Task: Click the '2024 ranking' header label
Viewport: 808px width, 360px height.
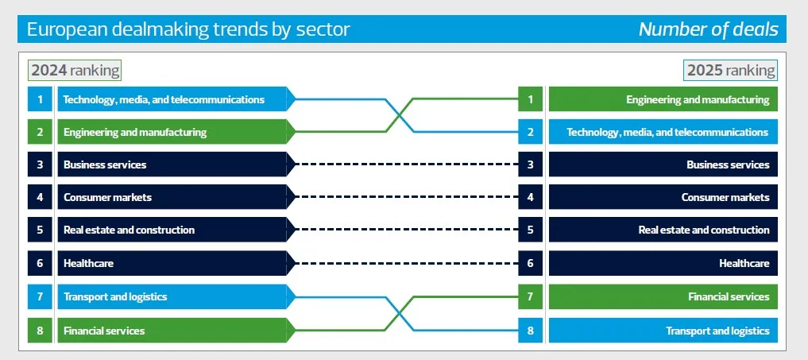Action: pos(75,70)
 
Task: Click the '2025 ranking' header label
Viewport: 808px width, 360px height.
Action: pos(730,70)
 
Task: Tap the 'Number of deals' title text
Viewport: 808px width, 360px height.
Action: pos(708,29)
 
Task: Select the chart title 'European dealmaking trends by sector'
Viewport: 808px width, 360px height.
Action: pos(188,29)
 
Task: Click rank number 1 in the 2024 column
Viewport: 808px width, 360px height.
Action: pos(40,99)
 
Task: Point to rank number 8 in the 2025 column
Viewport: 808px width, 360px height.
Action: pos(530,330)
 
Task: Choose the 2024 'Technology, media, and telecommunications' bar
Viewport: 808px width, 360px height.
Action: pos(171,99)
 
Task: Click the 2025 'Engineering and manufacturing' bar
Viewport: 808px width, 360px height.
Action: pos(663,99)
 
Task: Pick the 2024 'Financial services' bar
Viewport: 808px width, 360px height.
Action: pos(171,330)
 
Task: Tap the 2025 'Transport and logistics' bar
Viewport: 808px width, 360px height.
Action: pos(663,330)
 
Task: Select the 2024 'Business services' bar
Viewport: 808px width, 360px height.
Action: pos(171,165)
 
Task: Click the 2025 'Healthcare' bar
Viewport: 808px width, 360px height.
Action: pos(663,263)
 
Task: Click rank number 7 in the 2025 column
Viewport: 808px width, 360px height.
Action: pos(530,296)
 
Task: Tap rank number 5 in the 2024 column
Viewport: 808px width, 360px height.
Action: pos(40,230)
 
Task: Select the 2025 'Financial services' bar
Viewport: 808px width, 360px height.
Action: pos(663,296)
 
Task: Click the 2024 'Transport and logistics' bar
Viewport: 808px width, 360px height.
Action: pos(171,296)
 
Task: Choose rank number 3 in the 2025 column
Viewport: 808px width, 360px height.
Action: pos(530,165)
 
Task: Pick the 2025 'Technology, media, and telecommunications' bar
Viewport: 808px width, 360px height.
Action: pos(663,132)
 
